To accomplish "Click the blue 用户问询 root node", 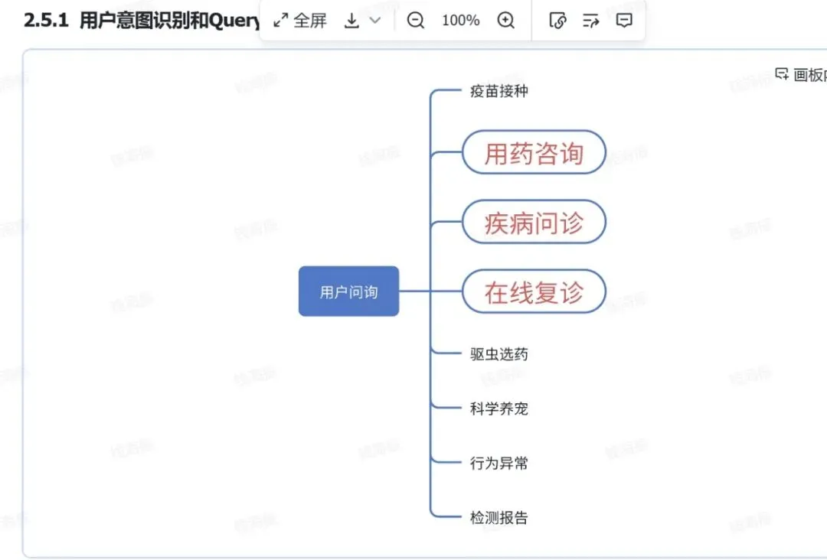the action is [348, 291].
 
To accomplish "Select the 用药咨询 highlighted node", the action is [534, 152].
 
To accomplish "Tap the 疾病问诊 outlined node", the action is [534, 223].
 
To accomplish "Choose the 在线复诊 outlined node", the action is [534, 291].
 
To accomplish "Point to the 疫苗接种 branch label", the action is [498, 91].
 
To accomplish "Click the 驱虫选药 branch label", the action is [498, 354].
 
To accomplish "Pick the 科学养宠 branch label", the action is [498, 409].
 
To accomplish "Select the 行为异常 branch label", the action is [498, 463].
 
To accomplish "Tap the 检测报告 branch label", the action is [498, 518].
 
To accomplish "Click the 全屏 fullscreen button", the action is [301, 21].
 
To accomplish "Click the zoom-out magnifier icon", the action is [416, 21].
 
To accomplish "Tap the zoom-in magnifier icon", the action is [506, 21].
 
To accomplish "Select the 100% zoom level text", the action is [460, 21].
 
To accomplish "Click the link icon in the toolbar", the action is [558, 21].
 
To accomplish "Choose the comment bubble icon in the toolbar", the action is [624, 21].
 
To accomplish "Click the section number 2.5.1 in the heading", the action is [47, 21].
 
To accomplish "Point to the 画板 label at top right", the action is [809, 74].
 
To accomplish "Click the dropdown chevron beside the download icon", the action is [375, 21].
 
